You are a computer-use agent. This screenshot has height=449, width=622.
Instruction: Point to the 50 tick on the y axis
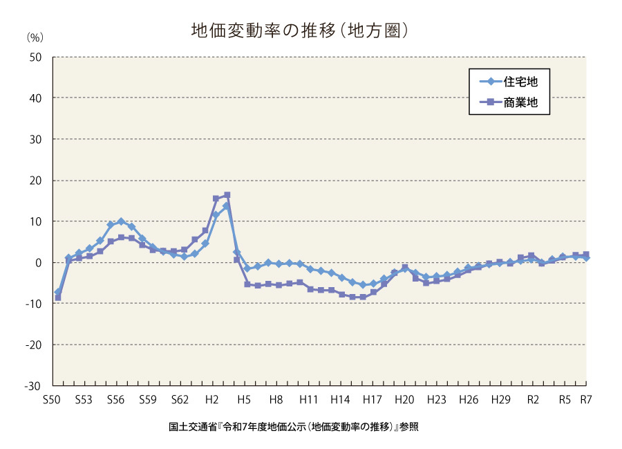click(x=37, y=57)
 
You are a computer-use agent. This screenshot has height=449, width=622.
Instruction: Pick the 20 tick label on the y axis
click(x=37, y=181)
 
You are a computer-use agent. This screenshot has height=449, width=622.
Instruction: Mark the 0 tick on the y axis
click(x=40, y=263)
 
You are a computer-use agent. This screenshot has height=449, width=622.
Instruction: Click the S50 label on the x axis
click(x=51, y=400)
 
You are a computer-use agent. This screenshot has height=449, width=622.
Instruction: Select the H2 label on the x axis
click(x=212, y=400)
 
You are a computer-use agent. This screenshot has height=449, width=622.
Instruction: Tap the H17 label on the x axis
click(x=372, y=400)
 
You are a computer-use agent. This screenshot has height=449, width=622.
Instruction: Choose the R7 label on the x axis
click(x=585, y=400)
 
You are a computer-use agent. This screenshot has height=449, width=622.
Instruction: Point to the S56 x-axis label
click(x=115, y=400)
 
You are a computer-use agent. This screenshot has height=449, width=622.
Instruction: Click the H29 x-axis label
click(x=500, y=400)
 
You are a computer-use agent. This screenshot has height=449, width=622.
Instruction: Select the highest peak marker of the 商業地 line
click(x=227, y=195)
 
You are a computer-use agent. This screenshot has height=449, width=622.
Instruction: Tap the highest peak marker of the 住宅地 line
click(x=226, y=206)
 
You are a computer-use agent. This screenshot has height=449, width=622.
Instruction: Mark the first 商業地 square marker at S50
click(x=58, y=297)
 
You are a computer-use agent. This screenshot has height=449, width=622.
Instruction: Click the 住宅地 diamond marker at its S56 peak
click(x=121, y=221)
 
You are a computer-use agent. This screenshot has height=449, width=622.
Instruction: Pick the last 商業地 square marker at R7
click(x=586, y=255)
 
